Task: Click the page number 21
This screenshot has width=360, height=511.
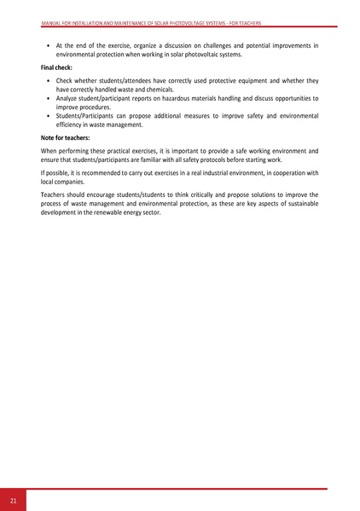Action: [14, 499]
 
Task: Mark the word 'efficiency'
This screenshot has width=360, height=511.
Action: [72, 125]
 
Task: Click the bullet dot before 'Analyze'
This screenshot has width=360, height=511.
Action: [47, 99]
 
